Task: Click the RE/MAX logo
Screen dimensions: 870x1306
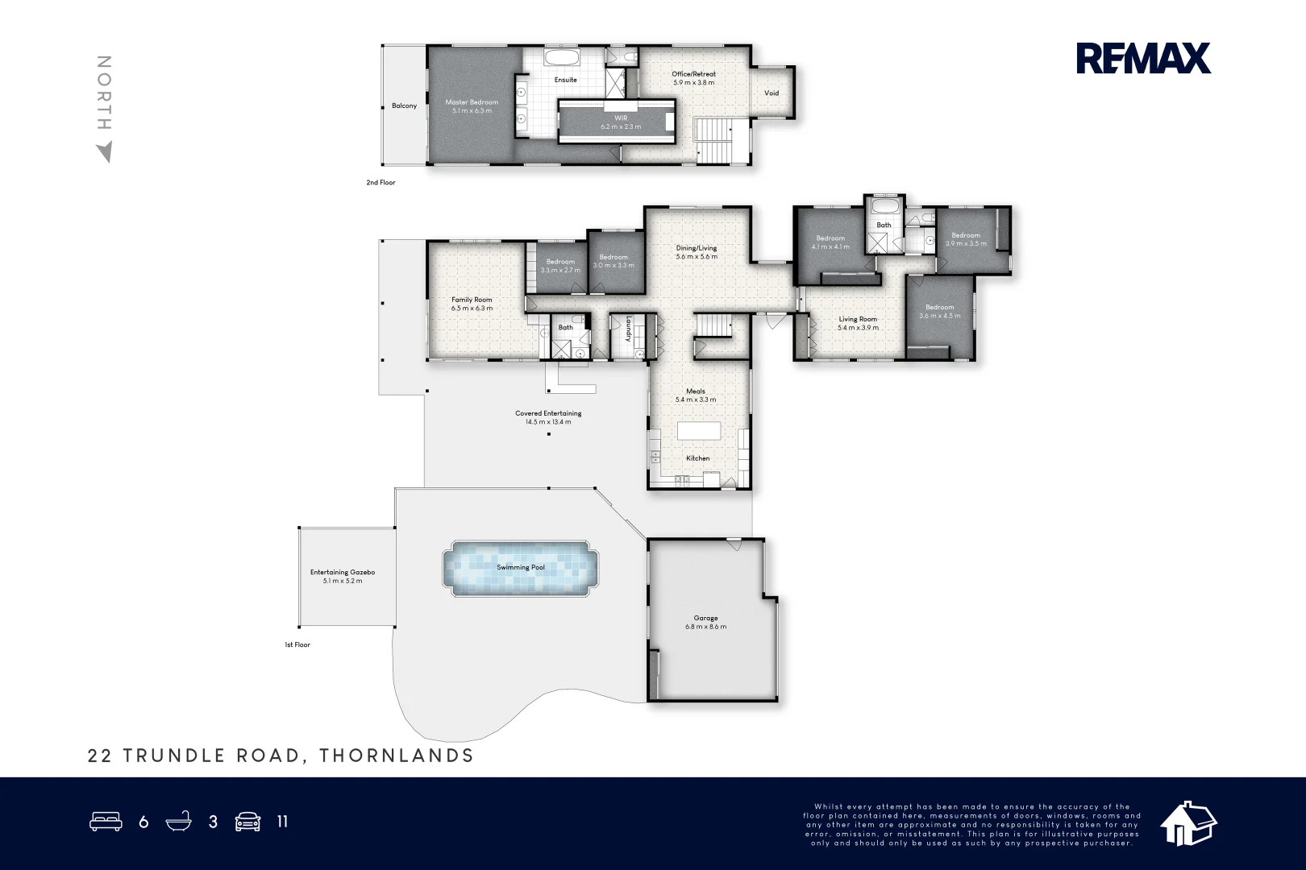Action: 1142,58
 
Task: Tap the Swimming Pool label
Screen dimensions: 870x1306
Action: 520,567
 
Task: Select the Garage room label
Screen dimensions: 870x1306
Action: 705,619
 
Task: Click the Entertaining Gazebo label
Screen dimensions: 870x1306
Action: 343,573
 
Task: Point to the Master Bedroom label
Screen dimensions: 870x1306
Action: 472,102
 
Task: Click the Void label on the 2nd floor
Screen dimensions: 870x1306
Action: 772,93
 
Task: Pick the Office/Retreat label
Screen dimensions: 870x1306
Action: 693,74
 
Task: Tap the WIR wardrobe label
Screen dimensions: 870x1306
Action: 620,118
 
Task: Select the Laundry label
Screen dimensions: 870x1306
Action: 628,329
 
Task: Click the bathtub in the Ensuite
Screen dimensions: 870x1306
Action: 560,57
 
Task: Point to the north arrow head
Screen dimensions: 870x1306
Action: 104,152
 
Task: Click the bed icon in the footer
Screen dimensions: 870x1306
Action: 106,822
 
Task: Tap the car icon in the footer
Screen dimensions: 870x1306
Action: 247,822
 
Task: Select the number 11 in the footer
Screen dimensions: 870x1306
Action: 282,822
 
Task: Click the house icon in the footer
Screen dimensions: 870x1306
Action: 1187,823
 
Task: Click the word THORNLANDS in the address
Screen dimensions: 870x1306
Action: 397,756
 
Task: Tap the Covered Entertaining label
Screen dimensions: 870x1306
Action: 548,413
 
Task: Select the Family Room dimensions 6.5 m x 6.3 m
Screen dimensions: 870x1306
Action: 472,308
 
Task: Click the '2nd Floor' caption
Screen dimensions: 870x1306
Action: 381,183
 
